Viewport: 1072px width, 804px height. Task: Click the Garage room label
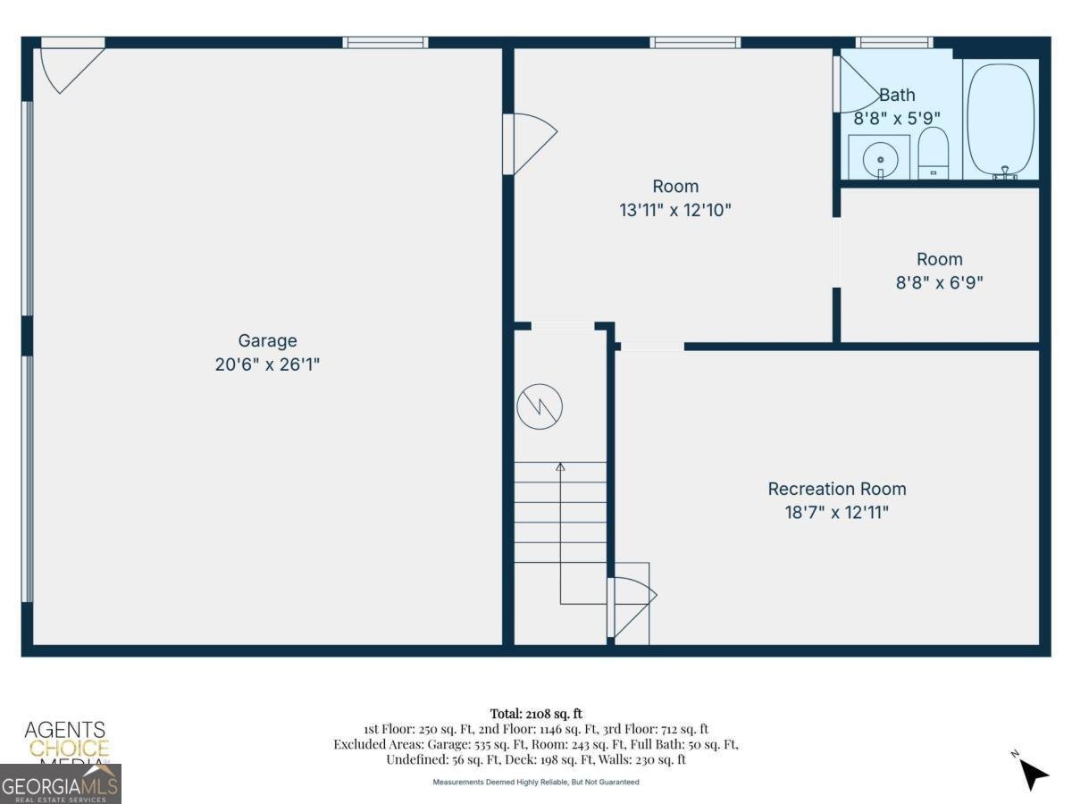click(x=267, y=340)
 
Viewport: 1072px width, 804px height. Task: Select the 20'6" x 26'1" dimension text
click(x=267, y=364)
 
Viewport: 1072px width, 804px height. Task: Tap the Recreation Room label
click(x=836, y=489)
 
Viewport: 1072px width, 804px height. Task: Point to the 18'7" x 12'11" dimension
click(x=836, y=513)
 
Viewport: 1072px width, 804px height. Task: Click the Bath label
click(x=897, y=95)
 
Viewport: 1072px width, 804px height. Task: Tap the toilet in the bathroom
click(x=933, y=154)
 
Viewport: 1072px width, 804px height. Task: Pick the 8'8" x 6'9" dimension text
click(x=940, y=283)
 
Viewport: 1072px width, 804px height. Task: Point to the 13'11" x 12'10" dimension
click(x=675, y=211)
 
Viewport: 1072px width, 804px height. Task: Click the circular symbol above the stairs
click(x=540, y=406)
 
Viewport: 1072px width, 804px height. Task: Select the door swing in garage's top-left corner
click(x=70, y=67)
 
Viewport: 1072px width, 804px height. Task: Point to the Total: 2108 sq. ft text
click(x=536, y=713)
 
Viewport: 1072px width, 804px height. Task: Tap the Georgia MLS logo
click(x=61, y=783)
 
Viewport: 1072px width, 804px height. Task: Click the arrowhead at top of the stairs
click(x=560, y=466)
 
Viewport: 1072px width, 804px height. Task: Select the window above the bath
click(x=894, y=42)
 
